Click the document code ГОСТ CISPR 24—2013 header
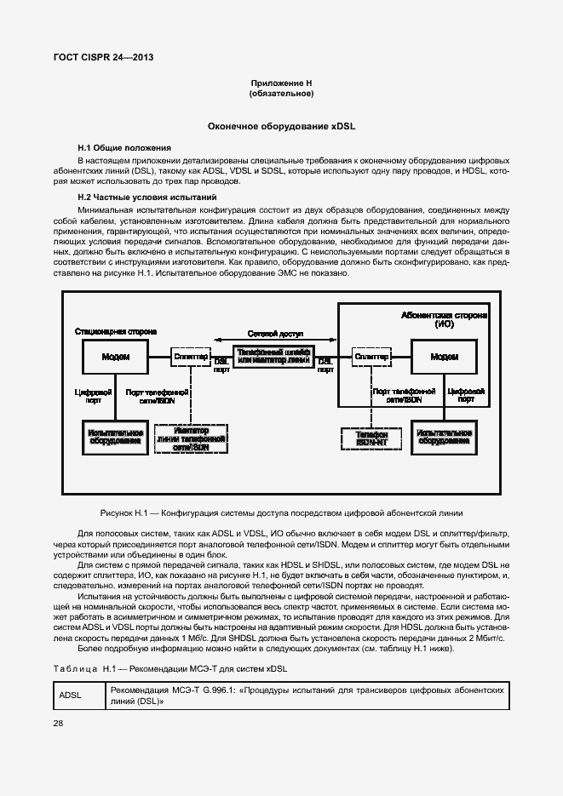(x=97, y=59)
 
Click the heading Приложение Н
(x=281, y=83)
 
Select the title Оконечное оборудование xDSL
(x=281, y=126)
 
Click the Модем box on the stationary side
(x=115, y=356)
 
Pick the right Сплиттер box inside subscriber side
(x=371, y=356)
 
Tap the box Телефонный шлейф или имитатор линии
(x=273, y=356)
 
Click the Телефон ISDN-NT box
(x=371, y=438)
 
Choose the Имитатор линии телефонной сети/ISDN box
(x=191, y=438)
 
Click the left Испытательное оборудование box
(x=116, y=438)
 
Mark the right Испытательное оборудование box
(x=443, y=438)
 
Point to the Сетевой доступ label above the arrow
(x=273, y=333)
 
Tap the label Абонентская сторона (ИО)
(x=443, y=318)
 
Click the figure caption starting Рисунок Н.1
(x=281, y=513)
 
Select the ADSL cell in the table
(x=70, y=695)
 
